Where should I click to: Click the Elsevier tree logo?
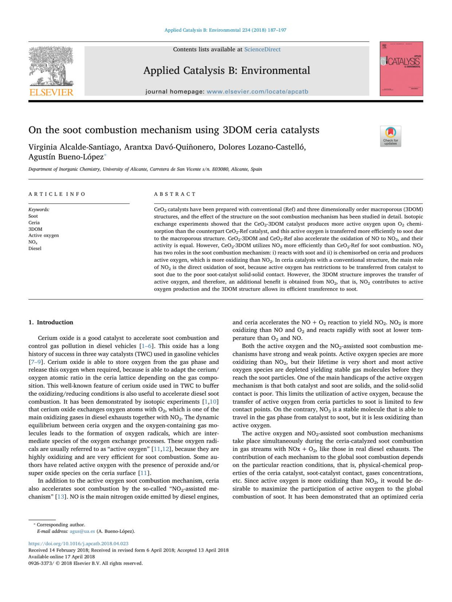click(x=51, y=66)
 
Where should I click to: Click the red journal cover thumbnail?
click(x=401, y=69)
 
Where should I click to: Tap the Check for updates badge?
click(x=391, y=136)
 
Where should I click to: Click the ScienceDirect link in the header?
click(x=262, y=49)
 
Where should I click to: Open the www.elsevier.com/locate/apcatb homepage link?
click(x=257, y=91)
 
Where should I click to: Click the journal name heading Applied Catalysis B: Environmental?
click(x=226, y=70)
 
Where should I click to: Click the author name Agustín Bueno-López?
click(x=66, y=157)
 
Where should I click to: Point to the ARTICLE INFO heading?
click(x=57, y=194)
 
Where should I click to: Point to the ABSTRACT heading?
click(x=175, y=194)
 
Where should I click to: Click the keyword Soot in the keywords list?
click(x=33, y=216)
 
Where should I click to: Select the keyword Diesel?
click(x=35, y=248)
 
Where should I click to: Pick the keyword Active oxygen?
click(x=44, y=235)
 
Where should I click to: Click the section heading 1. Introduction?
click(x=51, y=322)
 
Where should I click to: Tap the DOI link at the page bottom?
click(x=78, y=544)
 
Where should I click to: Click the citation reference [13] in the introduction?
click(x=60, y=497)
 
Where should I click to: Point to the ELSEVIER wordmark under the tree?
click(x=51, y=92)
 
